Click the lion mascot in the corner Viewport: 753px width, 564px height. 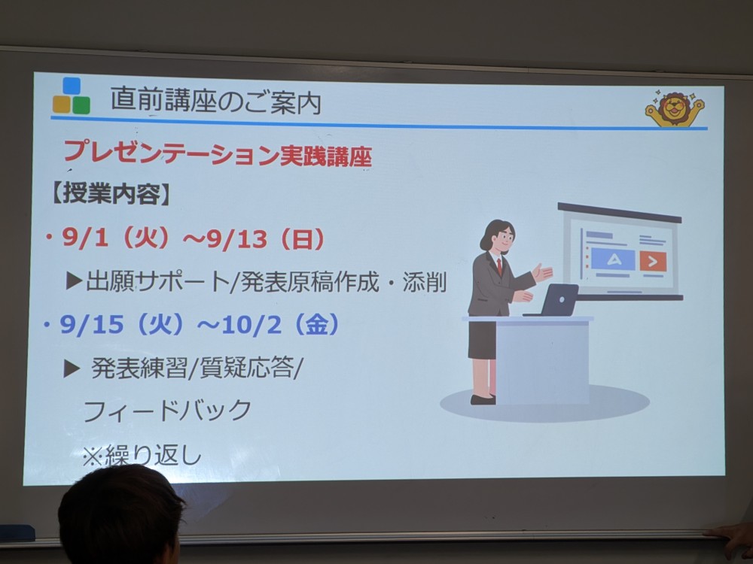tap(675, 108)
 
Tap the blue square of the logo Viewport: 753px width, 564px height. tap(72, 86)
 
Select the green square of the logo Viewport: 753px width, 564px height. tap(81, 105)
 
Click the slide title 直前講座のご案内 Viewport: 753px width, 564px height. tap(215, 102)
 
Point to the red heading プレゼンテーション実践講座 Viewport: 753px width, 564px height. tap(218, 153)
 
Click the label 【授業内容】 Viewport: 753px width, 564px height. tap(110, 194)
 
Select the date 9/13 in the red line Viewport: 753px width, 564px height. tap(236, 238)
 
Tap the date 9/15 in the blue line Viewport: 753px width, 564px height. tap(91, 325)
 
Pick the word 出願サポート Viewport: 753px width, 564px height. tap(157, 281)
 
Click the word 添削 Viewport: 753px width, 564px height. tap(425, 282)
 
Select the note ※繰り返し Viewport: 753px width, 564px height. tap(142, 455)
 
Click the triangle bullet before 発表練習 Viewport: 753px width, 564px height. tap(72, 368)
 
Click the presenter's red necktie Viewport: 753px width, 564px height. tap(500, 266)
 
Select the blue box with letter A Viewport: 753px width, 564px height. tap(613, 260)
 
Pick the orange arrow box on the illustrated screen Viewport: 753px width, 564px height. tap(653, 262)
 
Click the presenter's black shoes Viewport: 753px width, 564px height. tap(483, 399)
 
